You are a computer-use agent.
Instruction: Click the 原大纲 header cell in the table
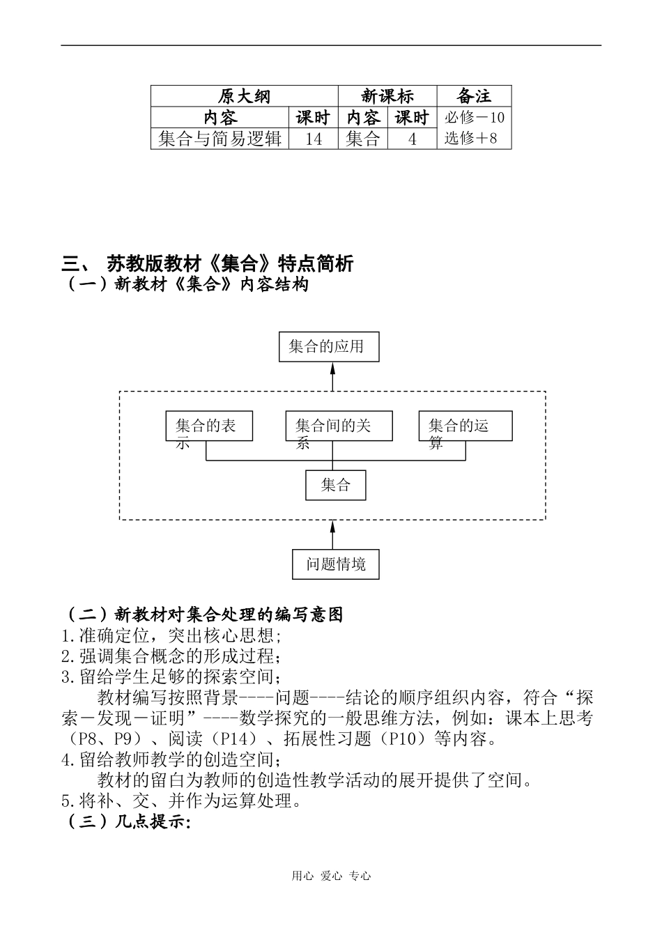pos(244,96)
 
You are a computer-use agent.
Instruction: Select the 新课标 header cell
pos(387,96)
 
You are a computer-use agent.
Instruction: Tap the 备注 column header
pos(474,96)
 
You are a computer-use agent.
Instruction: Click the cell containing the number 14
pos(314,139)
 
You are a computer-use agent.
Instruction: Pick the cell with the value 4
pos(412,139)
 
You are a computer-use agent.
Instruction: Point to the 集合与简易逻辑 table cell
pos(220,139)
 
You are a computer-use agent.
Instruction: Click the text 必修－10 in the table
pos(474,117)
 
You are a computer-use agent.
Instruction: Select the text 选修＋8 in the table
pos(471,138)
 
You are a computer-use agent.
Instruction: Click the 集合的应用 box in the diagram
pos(329,346)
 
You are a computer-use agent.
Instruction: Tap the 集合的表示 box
pos(209,426)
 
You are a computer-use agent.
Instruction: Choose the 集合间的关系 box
pos(339,426)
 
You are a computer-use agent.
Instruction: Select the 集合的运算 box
pos(465,426)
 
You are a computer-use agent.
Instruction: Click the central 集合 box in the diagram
pos(335,485)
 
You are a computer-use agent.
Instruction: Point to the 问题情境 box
pos(336,564)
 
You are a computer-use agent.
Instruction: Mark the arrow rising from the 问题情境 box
pos(332,535)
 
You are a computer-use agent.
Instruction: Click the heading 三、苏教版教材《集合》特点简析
pos(208,263)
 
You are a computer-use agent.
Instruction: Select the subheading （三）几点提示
pos(127,822)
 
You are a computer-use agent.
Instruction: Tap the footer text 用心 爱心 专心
pos(331,876)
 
